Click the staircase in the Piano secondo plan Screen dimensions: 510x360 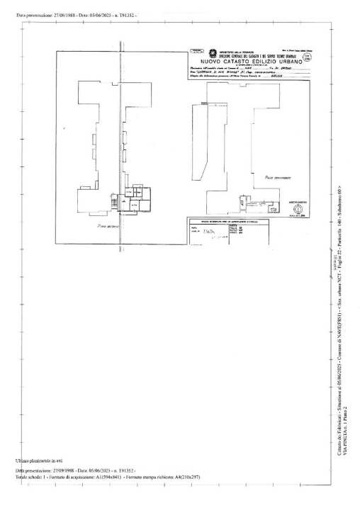113,205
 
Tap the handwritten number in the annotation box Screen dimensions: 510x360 210,232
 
